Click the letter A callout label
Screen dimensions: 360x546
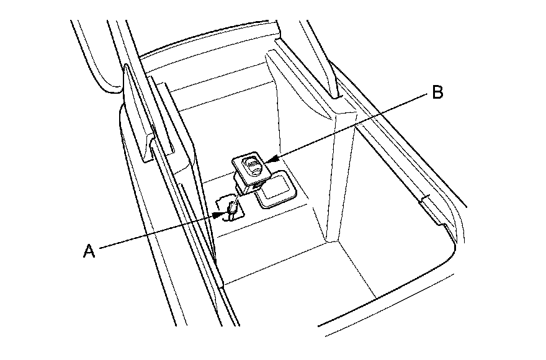click(89, 251)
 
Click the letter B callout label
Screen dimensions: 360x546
click(437, 93)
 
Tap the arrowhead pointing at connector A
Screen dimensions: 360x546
click(217, 215)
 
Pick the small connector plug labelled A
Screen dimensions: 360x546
click(230, 209)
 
